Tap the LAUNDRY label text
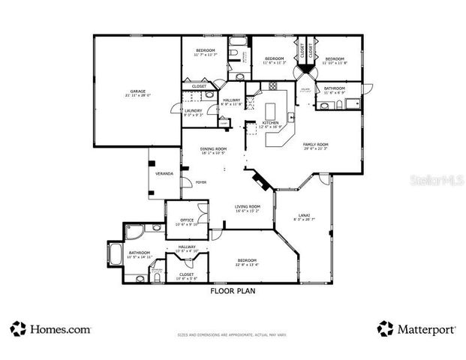194,112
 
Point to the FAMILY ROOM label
316,145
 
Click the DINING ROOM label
214,150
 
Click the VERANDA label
164,173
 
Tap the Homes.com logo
50,328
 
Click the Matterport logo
413,328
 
